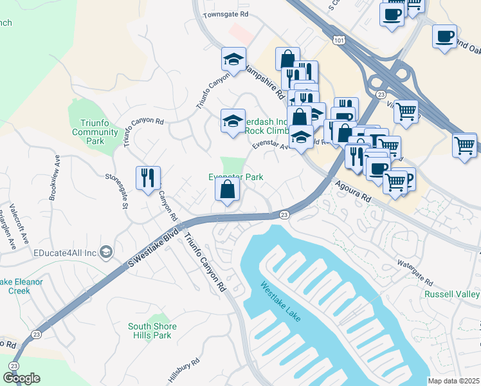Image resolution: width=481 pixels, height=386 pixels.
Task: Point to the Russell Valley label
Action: click(452, 295)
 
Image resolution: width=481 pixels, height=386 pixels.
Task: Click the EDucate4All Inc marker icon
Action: click(107, 251)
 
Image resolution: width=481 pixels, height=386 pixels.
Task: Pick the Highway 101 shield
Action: click(338, 40)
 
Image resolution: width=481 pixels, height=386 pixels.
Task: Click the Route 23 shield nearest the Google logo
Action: click(13, 366)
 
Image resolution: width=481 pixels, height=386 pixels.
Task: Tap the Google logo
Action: click(21, 378)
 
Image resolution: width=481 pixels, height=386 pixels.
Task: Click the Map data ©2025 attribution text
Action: click(453, 381)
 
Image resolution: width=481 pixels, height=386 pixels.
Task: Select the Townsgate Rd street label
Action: click(226, 14)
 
